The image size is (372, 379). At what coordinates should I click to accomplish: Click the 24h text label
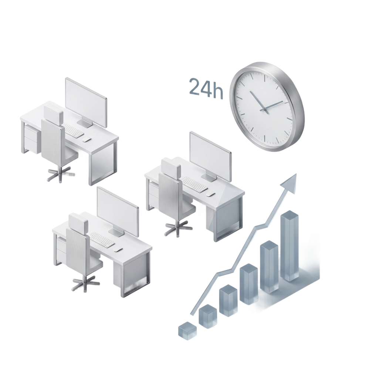tap(206, 88)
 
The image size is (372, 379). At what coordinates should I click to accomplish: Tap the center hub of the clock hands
tap(264, 109)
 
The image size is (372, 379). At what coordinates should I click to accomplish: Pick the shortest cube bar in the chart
tap(187, 329)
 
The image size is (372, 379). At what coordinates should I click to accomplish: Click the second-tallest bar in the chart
tap(269, 267)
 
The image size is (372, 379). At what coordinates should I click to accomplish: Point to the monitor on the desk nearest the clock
tap(210, 157)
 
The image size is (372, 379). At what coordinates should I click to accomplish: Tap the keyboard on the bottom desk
tap(102, 239)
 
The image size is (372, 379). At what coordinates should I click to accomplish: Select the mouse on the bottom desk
tap(118, 249)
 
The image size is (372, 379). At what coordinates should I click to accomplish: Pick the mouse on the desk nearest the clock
tap(211, 194)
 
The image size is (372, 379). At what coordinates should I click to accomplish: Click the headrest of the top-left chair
tap(53, 113)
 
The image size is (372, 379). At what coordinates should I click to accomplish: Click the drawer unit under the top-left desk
tap(32, 139)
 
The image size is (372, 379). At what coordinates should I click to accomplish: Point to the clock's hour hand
tap(258, 101)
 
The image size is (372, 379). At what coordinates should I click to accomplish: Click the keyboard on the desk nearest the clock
tap(195, 185)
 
